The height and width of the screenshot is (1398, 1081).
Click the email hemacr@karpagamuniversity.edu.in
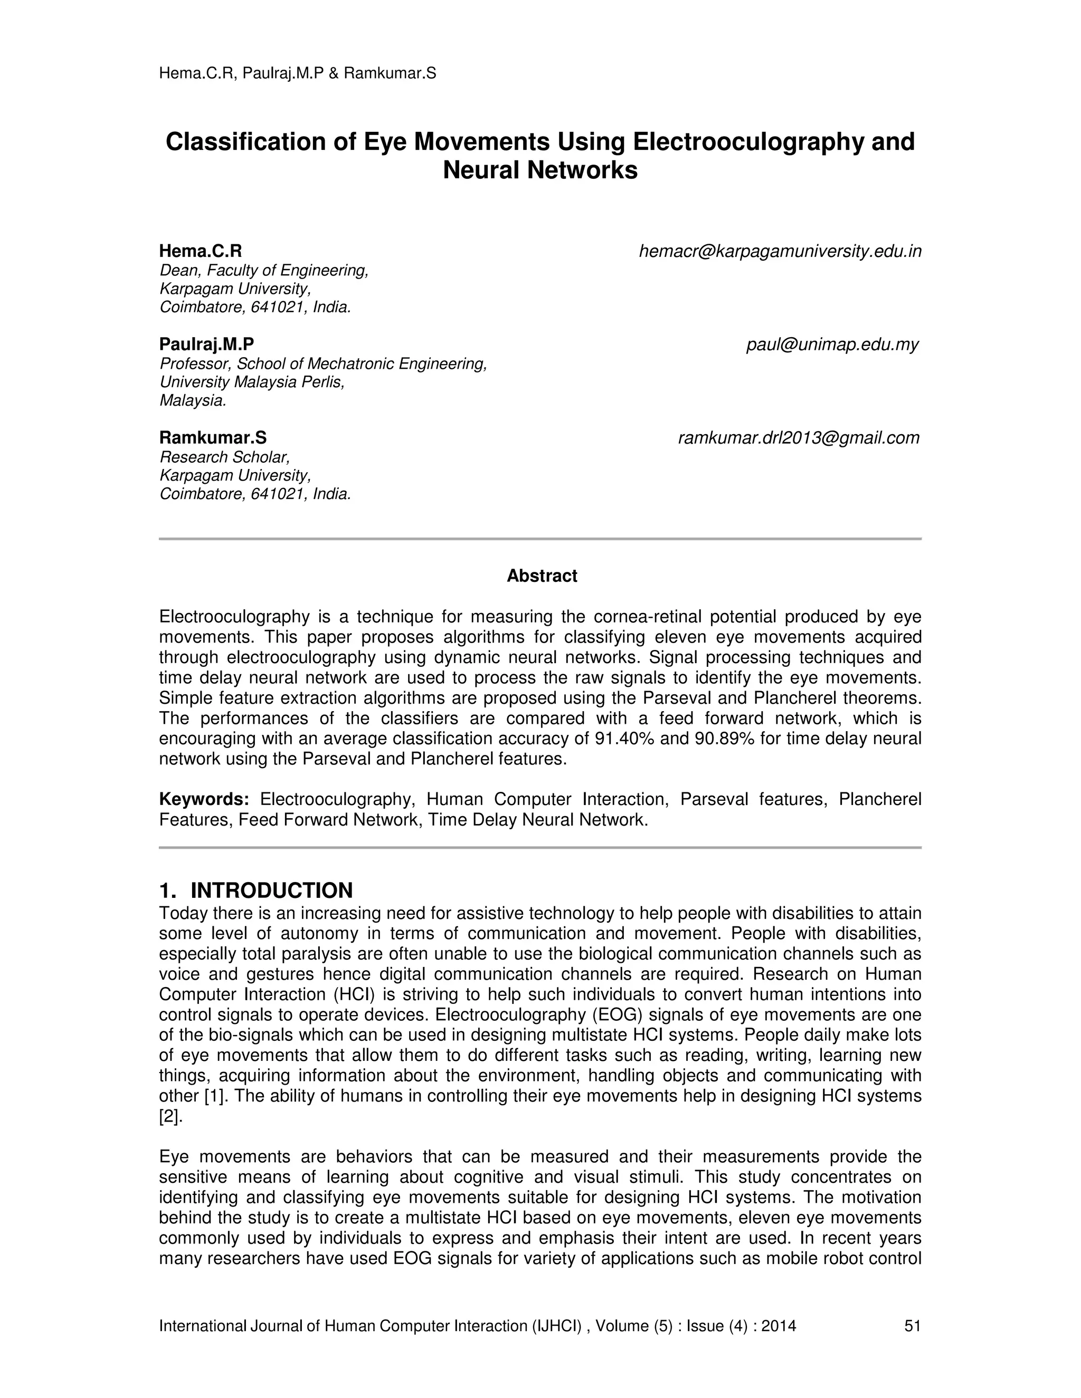(780, 252)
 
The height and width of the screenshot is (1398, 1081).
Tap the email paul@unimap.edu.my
(832, 345)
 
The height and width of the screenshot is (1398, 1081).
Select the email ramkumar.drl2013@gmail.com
(798, 438)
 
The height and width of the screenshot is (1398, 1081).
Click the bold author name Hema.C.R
(201, 251)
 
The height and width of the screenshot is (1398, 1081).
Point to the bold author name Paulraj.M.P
(206, 344)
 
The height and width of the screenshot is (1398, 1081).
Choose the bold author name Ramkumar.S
(213, 438)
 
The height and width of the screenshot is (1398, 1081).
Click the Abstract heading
(541, 576)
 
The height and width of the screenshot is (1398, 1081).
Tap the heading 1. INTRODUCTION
(255, 890)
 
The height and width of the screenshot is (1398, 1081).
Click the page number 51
(912, 1326)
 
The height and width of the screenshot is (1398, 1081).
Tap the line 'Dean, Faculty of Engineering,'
(264, 271)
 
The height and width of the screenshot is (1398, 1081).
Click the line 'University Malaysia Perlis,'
(252, 382)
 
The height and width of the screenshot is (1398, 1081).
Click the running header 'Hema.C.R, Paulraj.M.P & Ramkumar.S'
(297, 74)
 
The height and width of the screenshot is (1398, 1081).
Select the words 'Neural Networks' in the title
(540, 170)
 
